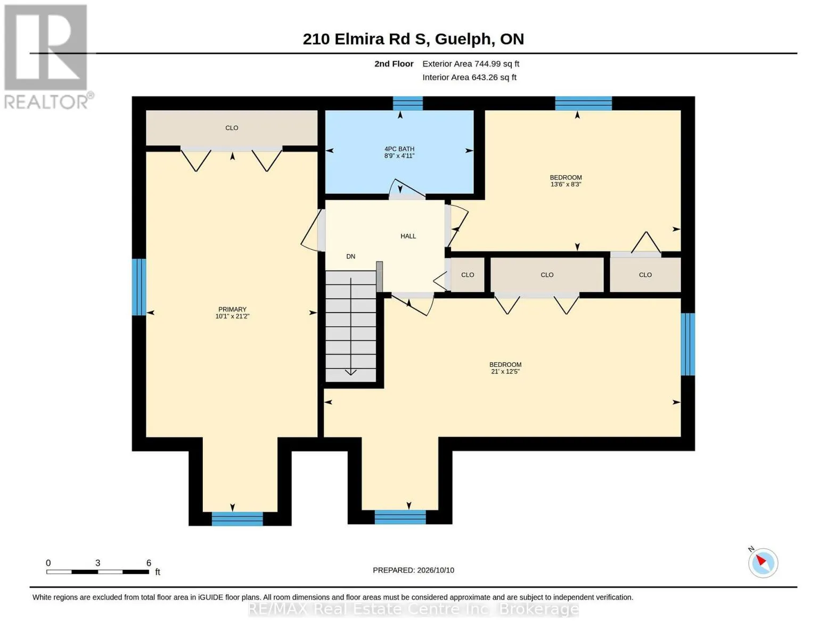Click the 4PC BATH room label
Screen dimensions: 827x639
point(399,149)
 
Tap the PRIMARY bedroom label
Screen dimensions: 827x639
point(232,309)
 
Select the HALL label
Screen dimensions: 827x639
point(408,236)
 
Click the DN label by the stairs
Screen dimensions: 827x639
point(350,256)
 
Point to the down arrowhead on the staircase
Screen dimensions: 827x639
point(350,372)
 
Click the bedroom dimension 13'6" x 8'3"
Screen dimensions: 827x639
point(566,184)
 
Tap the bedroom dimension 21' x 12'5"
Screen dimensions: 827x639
point(505,371)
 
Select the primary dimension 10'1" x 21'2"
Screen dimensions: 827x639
point(232,316)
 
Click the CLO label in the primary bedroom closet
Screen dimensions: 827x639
point(232,128)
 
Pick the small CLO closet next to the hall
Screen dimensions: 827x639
point(468,275)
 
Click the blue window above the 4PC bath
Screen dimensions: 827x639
point(407,103)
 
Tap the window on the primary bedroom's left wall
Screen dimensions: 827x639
point(139,287)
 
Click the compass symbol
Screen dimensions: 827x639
point(763,563)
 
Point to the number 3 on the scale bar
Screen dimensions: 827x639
point(97,563)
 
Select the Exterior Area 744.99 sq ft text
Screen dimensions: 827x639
point(470,63)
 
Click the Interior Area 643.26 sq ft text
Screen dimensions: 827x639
point(469,77)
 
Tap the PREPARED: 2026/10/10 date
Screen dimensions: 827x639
point(413,570)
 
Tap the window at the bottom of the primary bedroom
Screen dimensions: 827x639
point(237,519)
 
